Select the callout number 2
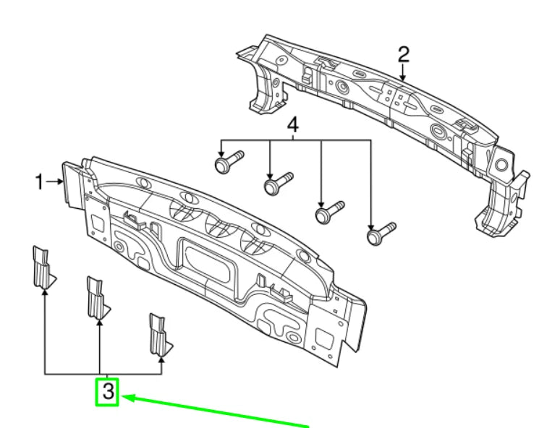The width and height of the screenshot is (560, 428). pos(404,54)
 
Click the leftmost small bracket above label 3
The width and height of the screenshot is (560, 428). pos(42,268)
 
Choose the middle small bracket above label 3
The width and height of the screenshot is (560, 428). pos(96,298)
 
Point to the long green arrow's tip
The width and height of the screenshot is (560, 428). pos(125,396)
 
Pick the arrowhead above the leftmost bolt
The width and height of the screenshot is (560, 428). pos(221,151)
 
